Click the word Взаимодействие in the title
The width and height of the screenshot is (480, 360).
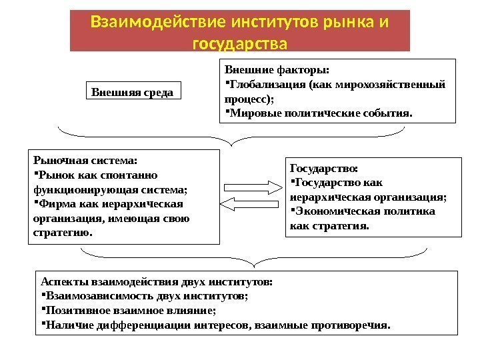click(x=136, y=23)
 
